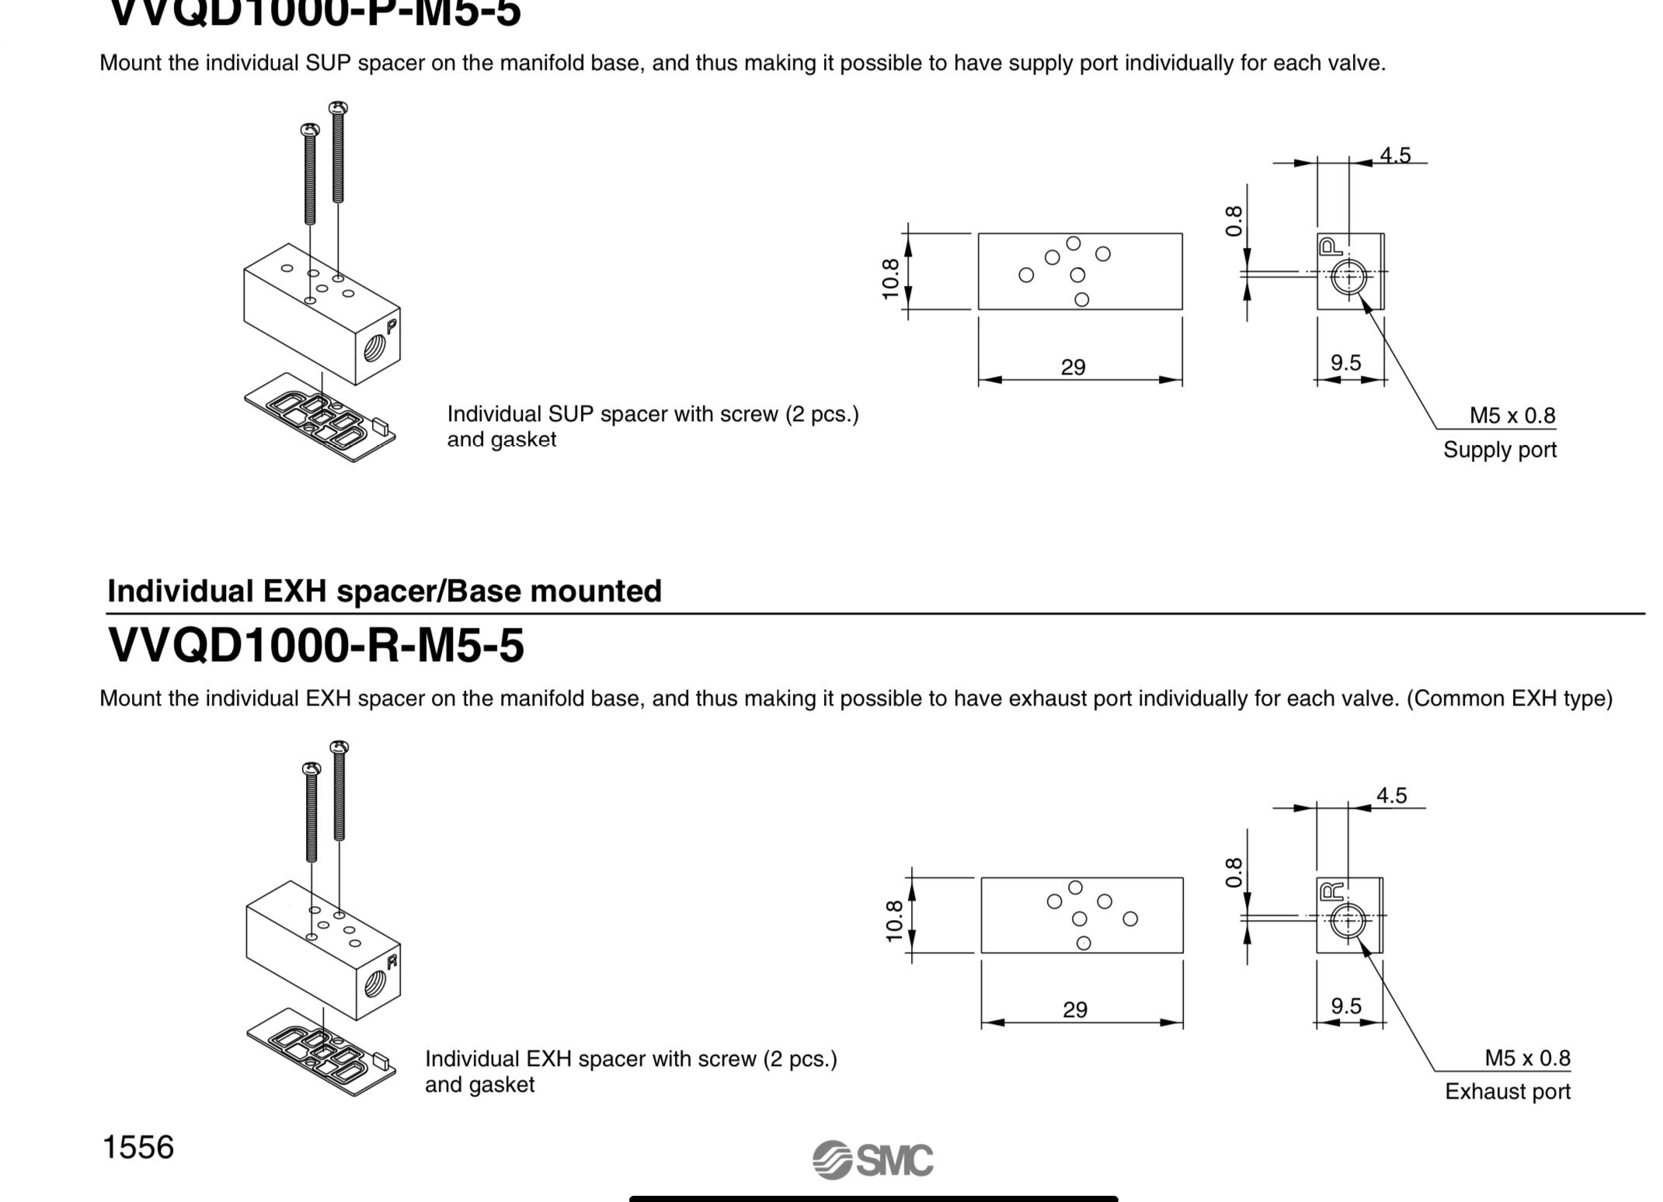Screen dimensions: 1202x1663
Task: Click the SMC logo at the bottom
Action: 873,1160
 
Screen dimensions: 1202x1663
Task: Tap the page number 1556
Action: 138,1147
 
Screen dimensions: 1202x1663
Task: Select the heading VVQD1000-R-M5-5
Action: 315,645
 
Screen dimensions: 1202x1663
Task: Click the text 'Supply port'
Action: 1499,450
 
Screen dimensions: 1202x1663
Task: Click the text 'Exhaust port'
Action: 1507,1092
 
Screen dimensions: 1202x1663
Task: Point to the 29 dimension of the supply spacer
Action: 1073,367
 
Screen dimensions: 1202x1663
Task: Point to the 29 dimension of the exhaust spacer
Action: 1074,1009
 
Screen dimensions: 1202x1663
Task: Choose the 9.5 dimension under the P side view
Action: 1345,363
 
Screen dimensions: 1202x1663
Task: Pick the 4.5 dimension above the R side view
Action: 1391,796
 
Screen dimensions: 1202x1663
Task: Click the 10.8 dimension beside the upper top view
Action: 891,278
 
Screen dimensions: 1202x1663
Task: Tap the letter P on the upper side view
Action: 1329,247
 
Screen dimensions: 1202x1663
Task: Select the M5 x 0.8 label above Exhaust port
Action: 1526,1057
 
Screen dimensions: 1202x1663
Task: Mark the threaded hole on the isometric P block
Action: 375,348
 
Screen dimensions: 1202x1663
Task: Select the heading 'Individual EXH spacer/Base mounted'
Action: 384,591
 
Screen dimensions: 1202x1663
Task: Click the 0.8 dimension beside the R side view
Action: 1233,873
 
